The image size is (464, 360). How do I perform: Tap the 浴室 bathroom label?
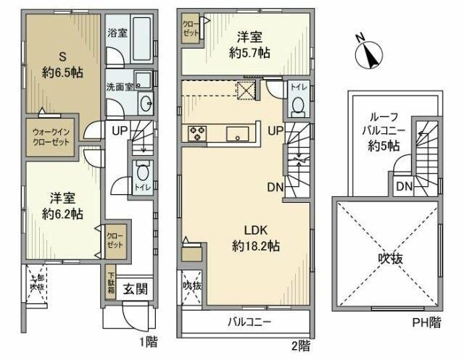point(117,33)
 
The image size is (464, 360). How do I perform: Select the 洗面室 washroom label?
point(119,85)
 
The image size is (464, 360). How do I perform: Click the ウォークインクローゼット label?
point(51,137)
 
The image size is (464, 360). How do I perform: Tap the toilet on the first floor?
point(142,174)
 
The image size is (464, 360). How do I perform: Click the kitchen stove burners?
point(198,133)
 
